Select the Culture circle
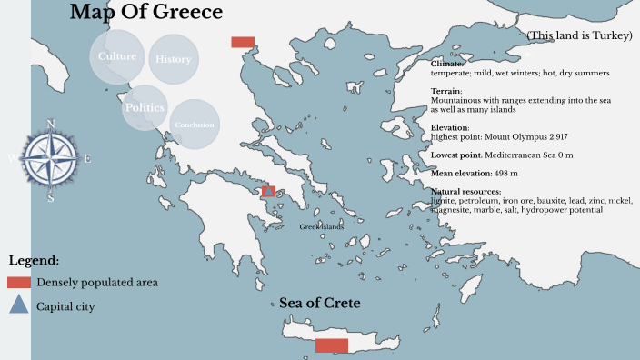[x=117, y=56]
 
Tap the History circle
[x=173, y=59]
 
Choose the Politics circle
[x=145, y=107]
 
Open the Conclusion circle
[x=195, y=125]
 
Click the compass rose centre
[x=50, y=159]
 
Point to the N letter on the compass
[x=50, y=124]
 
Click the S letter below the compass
[x=51, y=197]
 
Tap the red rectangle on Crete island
[x=331, y=345]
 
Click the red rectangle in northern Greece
[x=243, y=42]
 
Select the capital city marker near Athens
[x=267, y=191]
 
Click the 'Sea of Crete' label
[x=320, y=303]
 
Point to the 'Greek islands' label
[x=322, y=226]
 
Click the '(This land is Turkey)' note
[x=579, y=35]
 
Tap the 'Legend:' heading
[x=34, y=261]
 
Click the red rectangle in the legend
[x=19, y=283]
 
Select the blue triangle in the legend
[x=19, y=305]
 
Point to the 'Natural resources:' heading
[x=465, y=192]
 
